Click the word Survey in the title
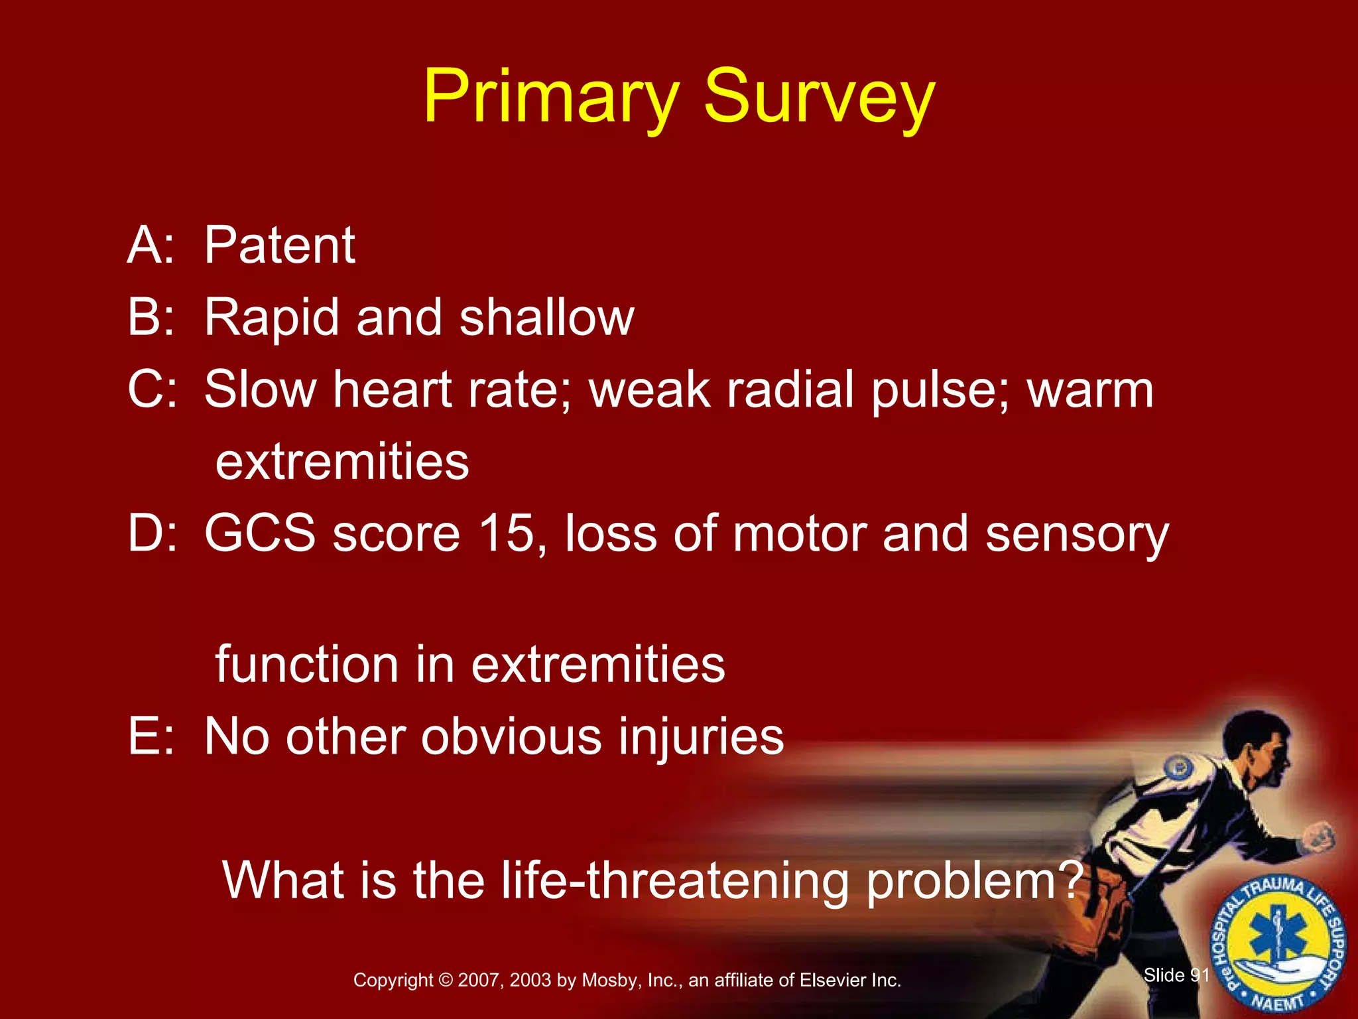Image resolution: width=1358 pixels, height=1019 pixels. [818, 98]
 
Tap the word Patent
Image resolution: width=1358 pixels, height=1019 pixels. [279, 245]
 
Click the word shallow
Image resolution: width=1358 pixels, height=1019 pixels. [546, 317]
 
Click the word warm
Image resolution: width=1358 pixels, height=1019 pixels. [1090, 391]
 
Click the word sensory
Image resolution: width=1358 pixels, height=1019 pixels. [1077, 535]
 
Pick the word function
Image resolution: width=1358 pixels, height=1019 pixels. [306, 664]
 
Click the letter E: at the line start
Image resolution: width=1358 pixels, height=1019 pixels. [150, 736]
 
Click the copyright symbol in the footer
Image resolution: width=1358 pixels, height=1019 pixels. [446, 980]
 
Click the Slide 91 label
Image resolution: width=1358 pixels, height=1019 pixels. [1176, 975]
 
